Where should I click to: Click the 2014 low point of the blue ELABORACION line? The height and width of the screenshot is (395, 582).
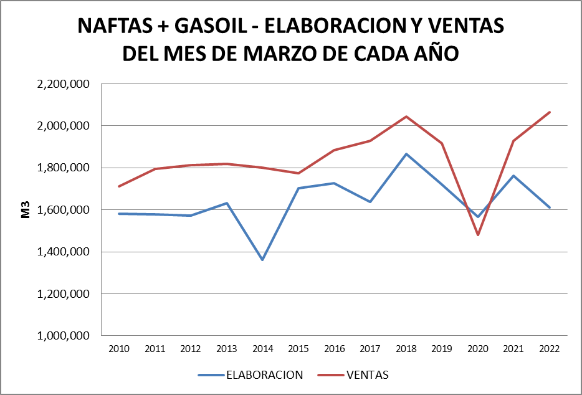tap(262, 260)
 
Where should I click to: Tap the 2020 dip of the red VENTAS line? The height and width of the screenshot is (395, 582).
tap(478, 235)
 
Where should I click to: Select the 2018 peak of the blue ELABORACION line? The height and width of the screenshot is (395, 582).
tap(406, 154)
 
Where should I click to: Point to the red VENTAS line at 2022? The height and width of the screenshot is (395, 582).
tap(550, 112)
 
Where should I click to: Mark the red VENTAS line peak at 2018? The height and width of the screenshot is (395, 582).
tap(406, 117)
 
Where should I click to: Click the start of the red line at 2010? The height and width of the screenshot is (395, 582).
tap(118, 186)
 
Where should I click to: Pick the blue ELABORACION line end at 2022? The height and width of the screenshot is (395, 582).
tap(550, 207)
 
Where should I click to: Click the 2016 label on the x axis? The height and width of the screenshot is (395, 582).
tap(334, 350)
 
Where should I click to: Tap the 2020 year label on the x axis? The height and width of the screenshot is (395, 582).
tap(478, 350)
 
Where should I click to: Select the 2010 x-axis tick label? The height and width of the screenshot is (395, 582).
tap(118, 350)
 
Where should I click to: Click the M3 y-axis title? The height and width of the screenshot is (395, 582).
tap(26, 210)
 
